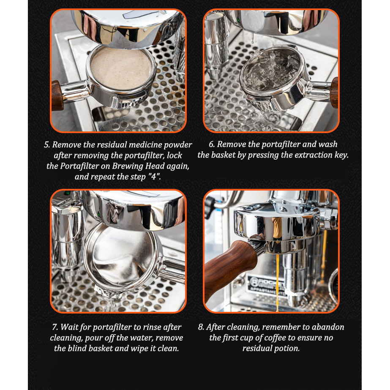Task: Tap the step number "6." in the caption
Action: click(x=212, y=144)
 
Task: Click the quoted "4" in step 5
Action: click(x=154, y=176)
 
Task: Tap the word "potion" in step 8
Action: click(x=287, y=349)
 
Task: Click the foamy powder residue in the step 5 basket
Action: click(x=121, y=68)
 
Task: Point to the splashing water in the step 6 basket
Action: click(x=271, y=69)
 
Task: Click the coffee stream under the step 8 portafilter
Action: click(x=277, y=282)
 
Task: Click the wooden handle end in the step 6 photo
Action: click(x=334, y=93)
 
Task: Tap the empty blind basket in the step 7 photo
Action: click(x=122, y=256)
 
